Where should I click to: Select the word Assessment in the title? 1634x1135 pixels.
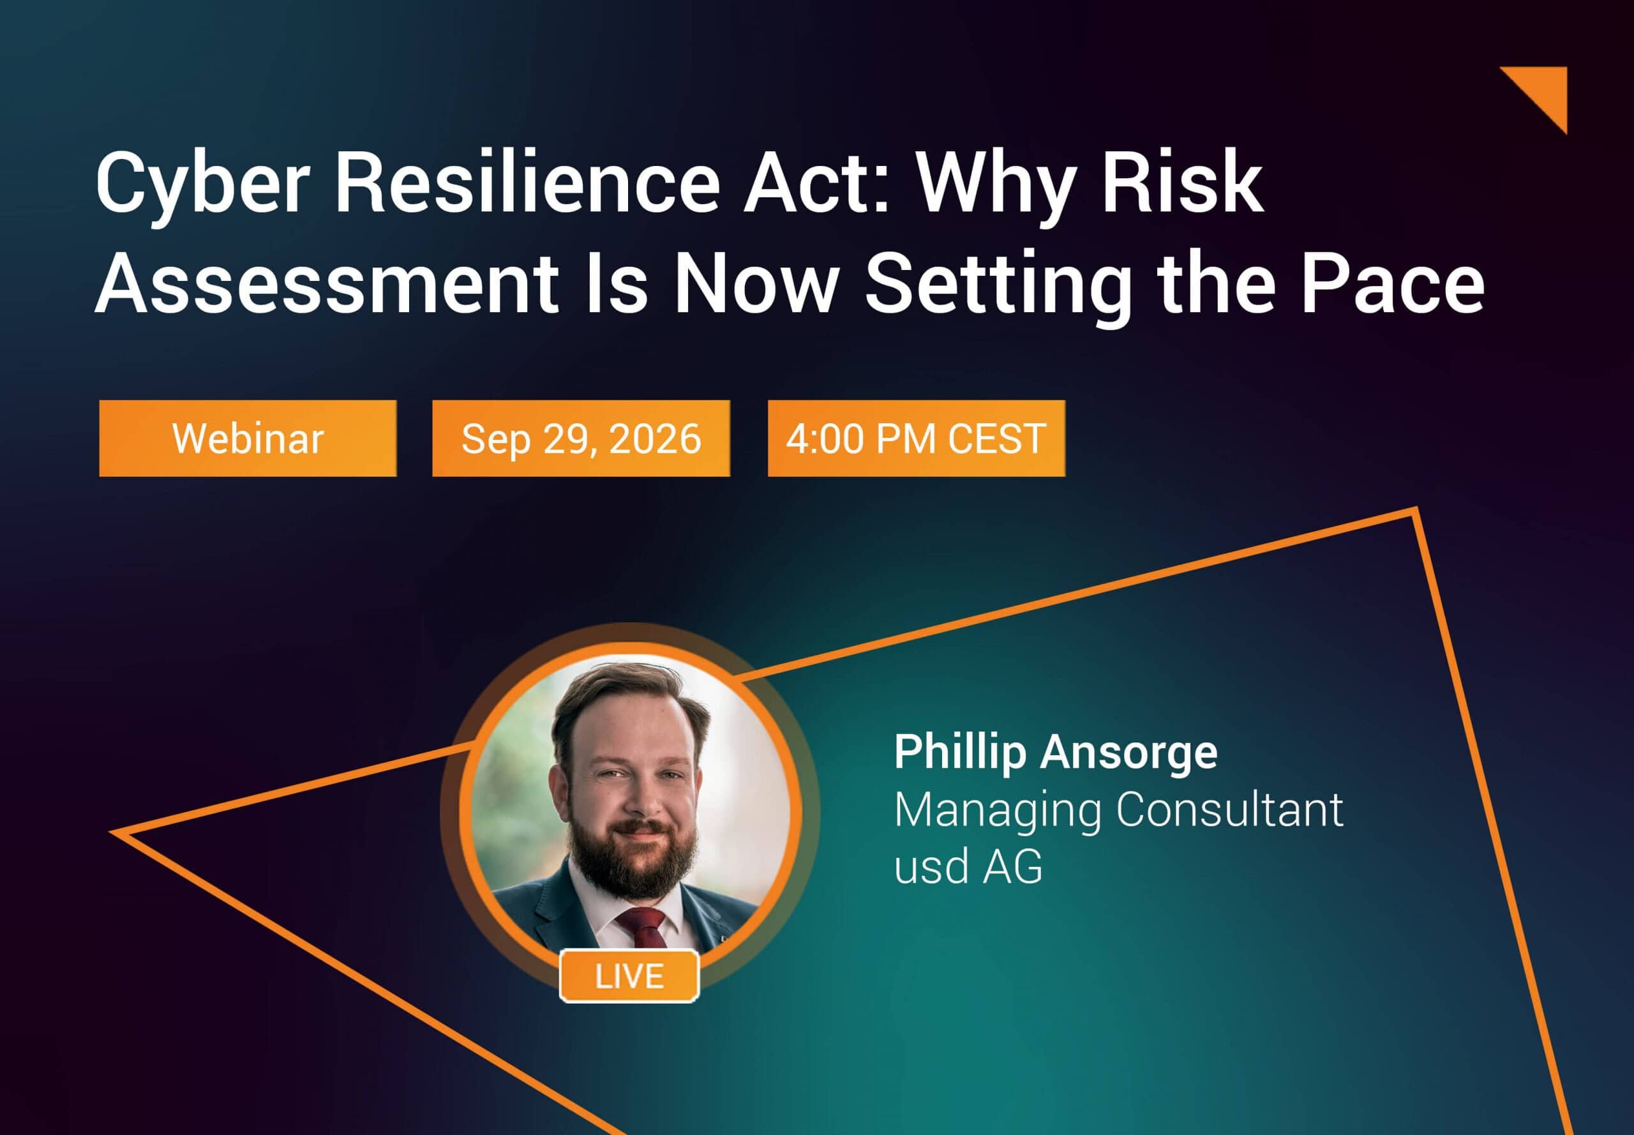tap(326, 283)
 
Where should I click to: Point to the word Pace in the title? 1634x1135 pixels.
tap(1393, 283)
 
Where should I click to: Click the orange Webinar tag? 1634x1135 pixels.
tap(248, 438)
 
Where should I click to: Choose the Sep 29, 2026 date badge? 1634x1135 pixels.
tap(581, 438)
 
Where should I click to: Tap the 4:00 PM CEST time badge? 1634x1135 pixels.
tap(916, 438)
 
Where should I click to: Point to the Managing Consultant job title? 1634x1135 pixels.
tap(1118, 811)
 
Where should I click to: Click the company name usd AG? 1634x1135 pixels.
tap(968, 866)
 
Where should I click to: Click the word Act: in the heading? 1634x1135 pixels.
tap(817, 183)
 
